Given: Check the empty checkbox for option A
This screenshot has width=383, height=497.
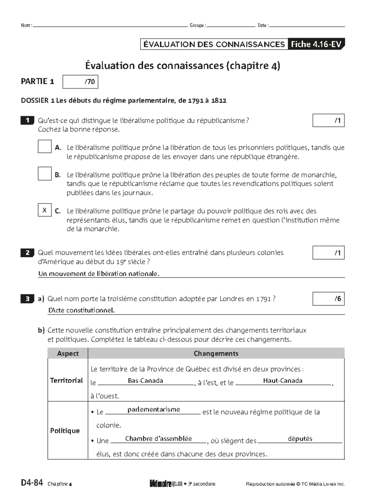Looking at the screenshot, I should tap(45, 146).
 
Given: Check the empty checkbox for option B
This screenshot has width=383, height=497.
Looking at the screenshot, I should tap(45, 174).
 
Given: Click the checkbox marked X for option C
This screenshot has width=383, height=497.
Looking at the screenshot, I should tap(45, 210).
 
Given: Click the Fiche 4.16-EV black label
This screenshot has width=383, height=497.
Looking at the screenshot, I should tap(316, 44).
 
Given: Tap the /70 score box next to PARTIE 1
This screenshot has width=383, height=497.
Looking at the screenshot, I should tap(80, 82).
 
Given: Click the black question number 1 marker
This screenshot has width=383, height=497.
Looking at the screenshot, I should tap(27, 121).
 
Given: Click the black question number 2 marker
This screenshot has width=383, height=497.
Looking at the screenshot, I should tap(27, 253).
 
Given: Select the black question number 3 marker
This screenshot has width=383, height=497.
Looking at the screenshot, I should tap(27, 299).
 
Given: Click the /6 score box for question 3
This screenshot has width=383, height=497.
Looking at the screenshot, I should tap(328, 299).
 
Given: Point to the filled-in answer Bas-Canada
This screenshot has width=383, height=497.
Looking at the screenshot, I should tap(145, 381).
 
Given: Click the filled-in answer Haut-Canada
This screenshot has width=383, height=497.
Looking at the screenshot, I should tap(282, 381).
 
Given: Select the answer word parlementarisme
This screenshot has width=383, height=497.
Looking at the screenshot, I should tap(154, 409).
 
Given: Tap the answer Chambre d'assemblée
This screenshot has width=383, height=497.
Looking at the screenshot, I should tap(158, 439).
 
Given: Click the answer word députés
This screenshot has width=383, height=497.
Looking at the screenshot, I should tap(300, 439).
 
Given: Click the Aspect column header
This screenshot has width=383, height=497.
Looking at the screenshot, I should tap(68, 353).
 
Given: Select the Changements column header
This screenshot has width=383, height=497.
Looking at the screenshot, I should tap(216, 353).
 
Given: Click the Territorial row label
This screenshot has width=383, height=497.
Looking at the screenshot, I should tap(66, 380).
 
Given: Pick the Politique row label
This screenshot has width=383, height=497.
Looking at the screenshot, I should tap(65, 431).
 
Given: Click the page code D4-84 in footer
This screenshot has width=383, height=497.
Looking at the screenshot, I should tap(32, 483).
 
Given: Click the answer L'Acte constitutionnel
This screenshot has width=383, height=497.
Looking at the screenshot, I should tap(81, 310).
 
